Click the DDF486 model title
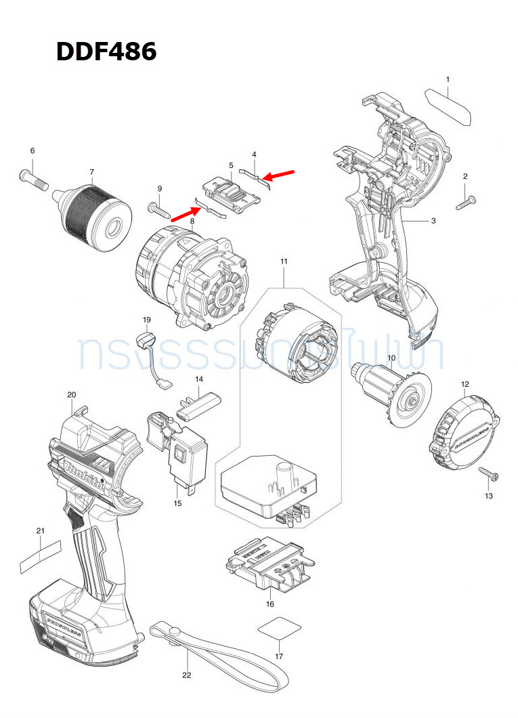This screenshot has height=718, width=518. (x=106, y=51)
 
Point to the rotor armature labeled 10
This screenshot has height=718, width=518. (x=392, y=392)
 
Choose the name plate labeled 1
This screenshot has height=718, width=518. (x=448, y=105)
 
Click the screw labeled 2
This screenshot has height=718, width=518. (x=467, y=200)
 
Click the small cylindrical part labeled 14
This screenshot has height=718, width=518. (x=199, y=404)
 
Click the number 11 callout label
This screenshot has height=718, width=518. (x=284, y=261)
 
